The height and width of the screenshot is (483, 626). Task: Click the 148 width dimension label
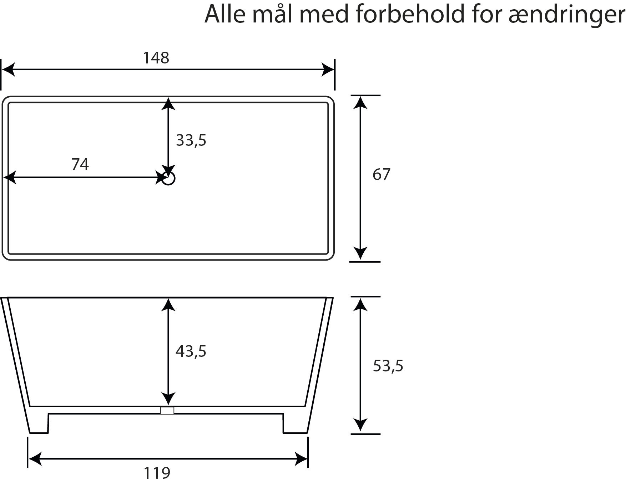click(x=156, y=58)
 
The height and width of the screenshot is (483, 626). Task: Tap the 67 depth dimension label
click(x=382, y=174)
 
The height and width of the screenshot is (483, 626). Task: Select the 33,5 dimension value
click(x=191, y=140)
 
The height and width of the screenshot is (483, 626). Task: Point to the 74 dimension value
click(x=80, y=164)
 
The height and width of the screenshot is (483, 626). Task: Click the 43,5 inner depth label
click(x=191, y=351)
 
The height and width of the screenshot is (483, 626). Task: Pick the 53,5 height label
click(x=388, y=366)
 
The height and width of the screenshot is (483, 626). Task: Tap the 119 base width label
click(x=157, y=473)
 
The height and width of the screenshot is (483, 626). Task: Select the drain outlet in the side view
click(x=167, y=410)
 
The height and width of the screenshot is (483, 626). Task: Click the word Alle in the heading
click(x=225, y=14)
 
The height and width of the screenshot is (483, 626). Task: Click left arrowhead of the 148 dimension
click(x=8, y=70)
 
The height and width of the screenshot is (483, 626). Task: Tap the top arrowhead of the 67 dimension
click(x=361, y=102)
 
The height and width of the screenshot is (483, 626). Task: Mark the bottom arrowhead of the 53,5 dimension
click(x=361, y=427)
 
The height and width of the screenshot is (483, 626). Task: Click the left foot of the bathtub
click(x=38, y=423)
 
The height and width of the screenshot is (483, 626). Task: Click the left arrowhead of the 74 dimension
click(x=10, y=178)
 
